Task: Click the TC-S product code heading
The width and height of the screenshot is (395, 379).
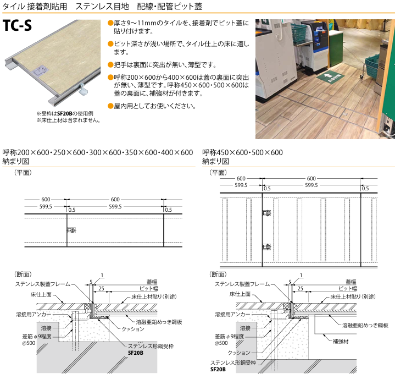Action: [18, 25]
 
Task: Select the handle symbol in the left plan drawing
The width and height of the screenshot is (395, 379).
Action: [71, 230]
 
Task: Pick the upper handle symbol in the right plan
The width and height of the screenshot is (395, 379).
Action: [267, 213]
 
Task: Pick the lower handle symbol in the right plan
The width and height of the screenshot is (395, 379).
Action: [267, 246]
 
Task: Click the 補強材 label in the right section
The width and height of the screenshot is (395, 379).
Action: [341, 342]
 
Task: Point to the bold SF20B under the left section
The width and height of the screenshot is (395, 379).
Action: [136, 353]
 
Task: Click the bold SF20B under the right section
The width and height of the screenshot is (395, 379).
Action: [218, 370]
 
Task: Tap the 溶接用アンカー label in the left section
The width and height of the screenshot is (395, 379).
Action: [34, 314]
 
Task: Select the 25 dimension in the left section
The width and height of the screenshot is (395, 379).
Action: [101, 288]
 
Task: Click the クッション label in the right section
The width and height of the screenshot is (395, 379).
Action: [239, 353]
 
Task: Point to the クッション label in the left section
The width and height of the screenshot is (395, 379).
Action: [133, 329]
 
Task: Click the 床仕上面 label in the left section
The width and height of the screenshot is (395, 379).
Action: [41, 294]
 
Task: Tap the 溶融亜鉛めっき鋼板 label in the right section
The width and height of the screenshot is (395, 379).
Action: [365, 325]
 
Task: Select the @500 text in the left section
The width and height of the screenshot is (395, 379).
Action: [29, 343]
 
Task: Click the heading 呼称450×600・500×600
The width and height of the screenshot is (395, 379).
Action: [242, 152]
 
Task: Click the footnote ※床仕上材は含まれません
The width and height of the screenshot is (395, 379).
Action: [69, 120]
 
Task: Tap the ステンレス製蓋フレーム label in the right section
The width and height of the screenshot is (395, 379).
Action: [242, 284]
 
